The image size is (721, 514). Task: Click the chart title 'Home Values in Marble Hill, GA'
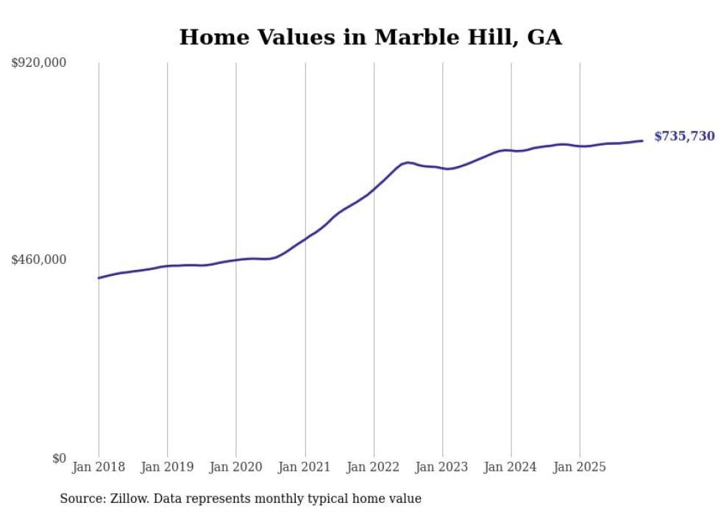point(370,38)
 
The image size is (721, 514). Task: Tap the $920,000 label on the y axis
point(39,63)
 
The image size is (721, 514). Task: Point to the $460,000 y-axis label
point(39,260)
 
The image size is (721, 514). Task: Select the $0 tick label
point(59,458)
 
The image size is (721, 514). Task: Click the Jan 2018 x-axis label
point(99,467)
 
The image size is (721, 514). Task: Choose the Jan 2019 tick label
point(167,467)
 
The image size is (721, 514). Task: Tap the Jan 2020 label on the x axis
point(236,467)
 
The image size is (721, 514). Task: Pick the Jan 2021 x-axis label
point(305,467)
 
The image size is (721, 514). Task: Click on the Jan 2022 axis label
point(374,467)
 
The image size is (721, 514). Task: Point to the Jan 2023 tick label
point(442,467)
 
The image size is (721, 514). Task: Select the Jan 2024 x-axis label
point(511,467)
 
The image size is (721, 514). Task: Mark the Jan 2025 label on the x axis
point(580,467)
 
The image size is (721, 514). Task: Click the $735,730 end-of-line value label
point(683,136)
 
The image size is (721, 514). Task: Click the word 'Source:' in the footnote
point(82,499)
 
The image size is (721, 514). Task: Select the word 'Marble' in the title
point(409,38)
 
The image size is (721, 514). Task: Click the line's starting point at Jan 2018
point(99,278)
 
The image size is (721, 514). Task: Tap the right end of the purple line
point(642,140)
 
